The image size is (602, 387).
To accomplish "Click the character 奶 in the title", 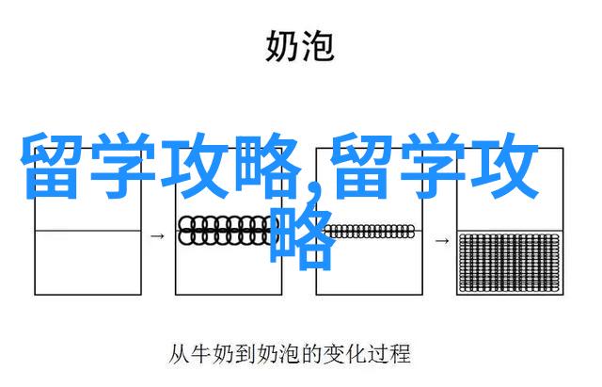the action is tap(282, 46).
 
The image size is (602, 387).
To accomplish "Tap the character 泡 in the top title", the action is tap(318, 46).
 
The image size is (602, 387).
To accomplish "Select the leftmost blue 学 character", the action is tap(122, 166).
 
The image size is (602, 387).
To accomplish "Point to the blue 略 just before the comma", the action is tap(266, 166).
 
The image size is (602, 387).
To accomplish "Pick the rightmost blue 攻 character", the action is tap(505, 166).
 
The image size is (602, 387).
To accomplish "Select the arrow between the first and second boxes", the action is tap(157, 236).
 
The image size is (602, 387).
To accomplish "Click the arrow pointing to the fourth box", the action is tap(441, 241).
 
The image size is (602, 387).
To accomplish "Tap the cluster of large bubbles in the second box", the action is tap(227, 230).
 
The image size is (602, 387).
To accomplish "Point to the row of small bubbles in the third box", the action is tap(369, 232).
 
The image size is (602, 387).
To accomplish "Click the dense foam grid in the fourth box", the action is tap(510, 263).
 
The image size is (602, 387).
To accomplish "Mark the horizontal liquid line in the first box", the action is tap(87, 231).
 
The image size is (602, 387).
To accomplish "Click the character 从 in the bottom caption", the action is tap(179, 354).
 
